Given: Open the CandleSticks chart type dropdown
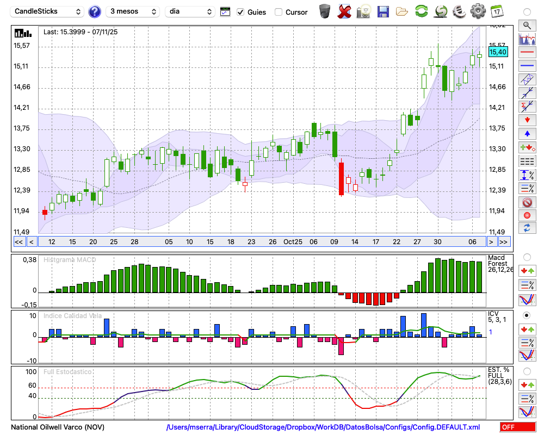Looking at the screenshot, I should pos(48,11).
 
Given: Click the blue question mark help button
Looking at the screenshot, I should pos(95,11).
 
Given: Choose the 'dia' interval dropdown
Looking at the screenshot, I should pos(190,11).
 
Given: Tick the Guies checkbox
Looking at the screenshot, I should pos(240,12).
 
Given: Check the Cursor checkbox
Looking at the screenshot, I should pos(279,12).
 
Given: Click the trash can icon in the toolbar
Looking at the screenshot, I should pos(325,11).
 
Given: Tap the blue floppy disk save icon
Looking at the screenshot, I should pos(382,11).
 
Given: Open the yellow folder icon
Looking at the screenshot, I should pos(402,11).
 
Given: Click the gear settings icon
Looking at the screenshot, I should pos(478,11).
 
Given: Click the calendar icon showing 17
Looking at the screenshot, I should pos(496,11).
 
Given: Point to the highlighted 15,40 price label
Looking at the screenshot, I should pos(498,52).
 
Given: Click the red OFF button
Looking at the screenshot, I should pos(517,427).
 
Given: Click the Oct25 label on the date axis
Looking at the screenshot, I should pos(293,242).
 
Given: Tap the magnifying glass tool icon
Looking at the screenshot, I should pos(527,25).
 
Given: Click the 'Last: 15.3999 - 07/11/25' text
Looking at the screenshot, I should pos(81,32).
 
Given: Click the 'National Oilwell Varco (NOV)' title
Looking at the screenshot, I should pos(58,427).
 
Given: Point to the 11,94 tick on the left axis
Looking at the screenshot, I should pos(22,211).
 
